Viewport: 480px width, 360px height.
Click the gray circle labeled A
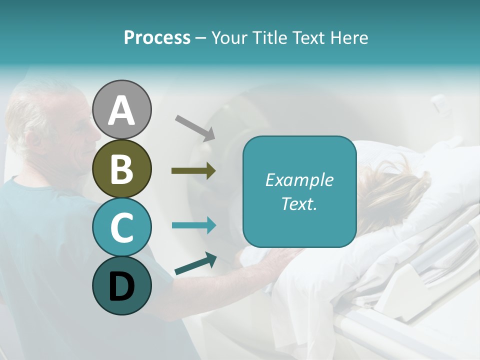121,109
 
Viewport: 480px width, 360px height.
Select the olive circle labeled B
121,168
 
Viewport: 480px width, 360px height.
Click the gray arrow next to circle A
195,127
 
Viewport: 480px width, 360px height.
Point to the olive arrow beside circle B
193,171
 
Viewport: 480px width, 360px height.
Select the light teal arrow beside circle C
193,225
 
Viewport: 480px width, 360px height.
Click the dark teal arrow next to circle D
195,264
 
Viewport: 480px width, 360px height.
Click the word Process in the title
157,38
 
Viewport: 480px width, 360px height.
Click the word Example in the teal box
299,180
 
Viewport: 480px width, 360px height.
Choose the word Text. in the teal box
299,204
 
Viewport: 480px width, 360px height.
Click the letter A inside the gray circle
121,110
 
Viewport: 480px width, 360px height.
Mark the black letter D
121,286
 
